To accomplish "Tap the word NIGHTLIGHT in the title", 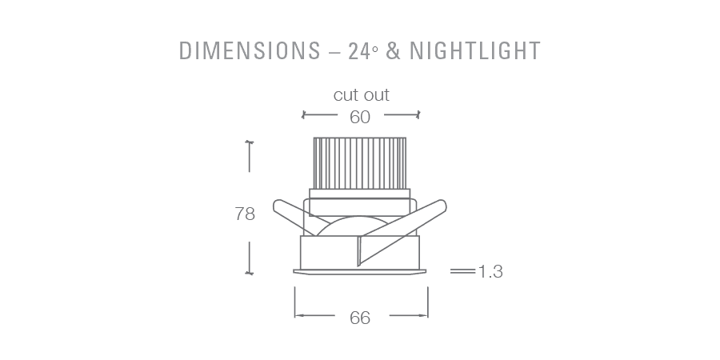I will click(475, 50).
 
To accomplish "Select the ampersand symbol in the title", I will click(393, 50).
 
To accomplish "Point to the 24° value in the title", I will click(362, 50).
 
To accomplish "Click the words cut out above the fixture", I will click(361, 95).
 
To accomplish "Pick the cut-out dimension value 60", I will click(360, 117).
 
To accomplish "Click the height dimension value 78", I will click(245, 214).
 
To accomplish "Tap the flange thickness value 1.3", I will click(490, 272).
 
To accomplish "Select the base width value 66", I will click(360, 318).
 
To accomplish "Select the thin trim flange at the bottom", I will click(360, 272).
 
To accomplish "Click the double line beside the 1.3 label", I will click(462, 272).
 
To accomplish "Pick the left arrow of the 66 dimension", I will click(297, 316).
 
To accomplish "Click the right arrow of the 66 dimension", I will click(426, 316).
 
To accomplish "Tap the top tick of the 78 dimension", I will click(250, 142).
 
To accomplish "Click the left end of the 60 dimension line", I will click(303, 116).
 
